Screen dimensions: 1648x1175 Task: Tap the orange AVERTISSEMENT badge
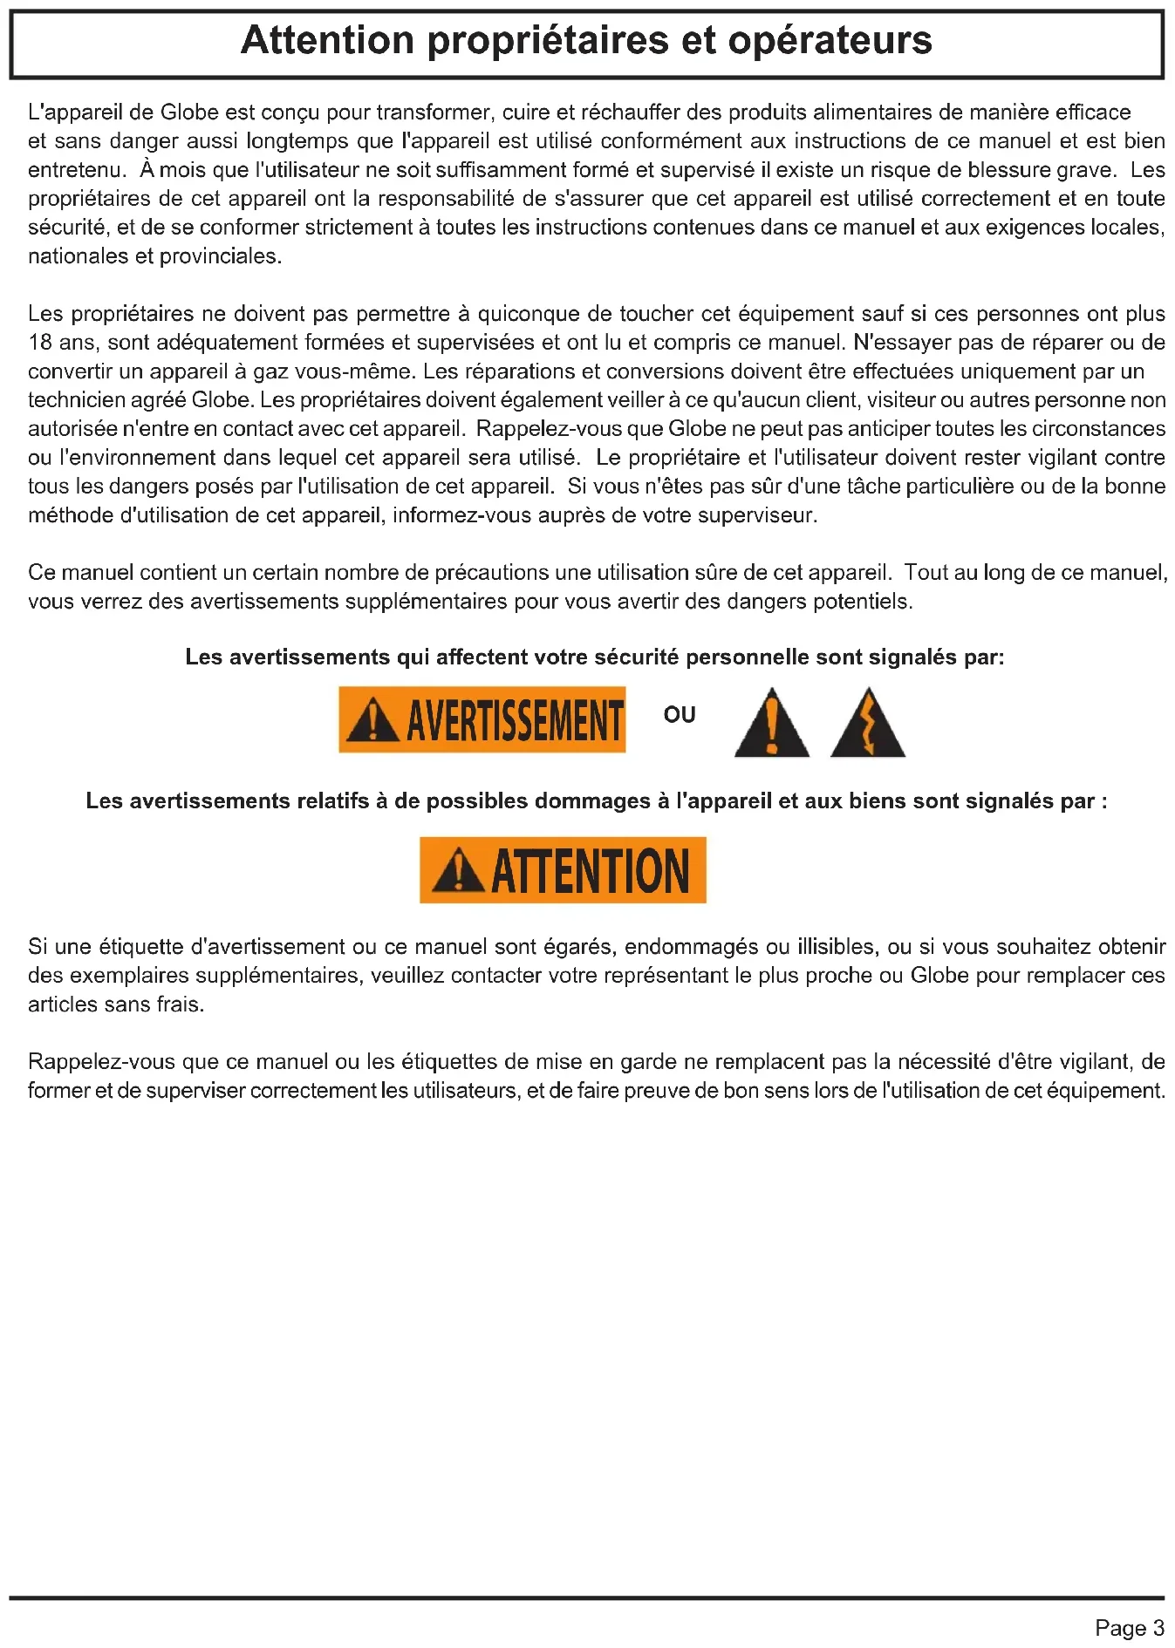point(482,720)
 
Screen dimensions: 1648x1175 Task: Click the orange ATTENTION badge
point(563,870)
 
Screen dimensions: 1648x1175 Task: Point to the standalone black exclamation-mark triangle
point(771,724)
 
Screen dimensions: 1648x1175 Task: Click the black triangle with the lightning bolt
point(867,724)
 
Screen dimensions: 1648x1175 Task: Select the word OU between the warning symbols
point(680,715)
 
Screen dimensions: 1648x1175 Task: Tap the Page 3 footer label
point(1129,1628)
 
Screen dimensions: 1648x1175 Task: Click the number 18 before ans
point(40,343)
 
